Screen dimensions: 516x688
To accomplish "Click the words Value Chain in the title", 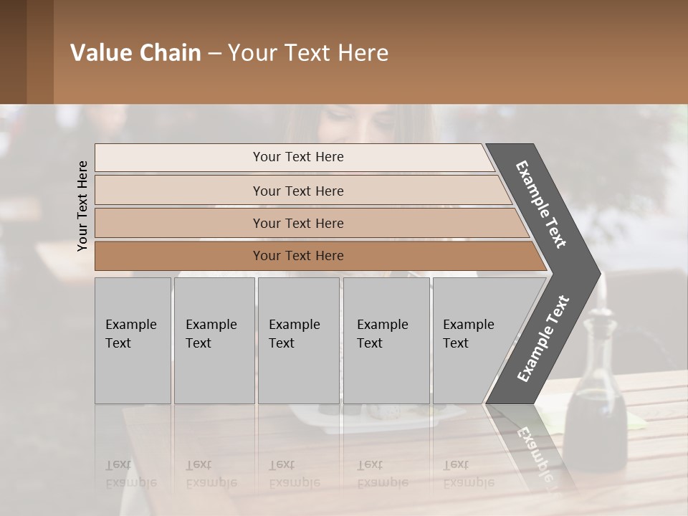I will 135,53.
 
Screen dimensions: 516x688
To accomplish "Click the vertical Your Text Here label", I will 82,206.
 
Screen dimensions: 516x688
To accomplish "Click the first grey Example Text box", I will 133,340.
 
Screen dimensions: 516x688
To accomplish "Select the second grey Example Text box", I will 214,340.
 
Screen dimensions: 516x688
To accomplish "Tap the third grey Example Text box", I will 298,340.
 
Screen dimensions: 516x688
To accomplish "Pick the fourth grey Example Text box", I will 386,340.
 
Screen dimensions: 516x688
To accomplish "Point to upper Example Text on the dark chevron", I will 541,204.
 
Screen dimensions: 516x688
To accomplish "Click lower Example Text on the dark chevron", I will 543,338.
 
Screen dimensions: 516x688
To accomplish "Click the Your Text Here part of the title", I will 308,53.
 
